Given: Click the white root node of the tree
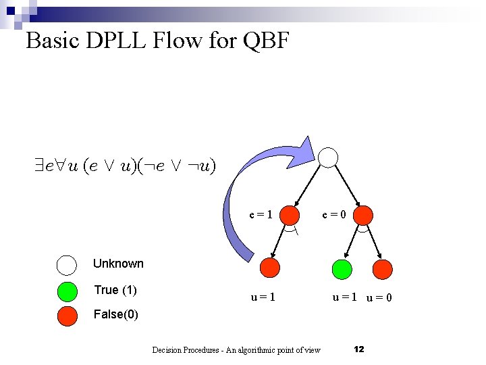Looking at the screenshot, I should coord(328,157).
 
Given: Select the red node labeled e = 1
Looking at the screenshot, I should coord(290,216).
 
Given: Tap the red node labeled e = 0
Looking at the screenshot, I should coord(363,216).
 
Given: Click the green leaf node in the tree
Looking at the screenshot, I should coord(343,268).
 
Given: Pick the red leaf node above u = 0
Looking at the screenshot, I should coord(383,268).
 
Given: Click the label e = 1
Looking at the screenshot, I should coord(261,216).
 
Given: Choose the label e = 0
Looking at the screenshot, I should coord(333,216).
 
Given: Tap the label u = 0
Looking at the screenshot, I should coord(379,297).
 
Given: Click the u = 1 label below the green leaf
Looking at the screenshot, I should coord(344,297).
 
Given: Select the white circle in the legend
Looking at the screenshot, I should coord(67,264).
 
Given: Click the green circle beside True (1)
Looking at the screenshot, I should coord(67,291).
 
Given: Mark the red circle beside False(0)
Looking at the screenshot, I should coord(67,315).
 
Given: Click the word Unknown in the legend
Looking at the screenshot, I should coord(118,264).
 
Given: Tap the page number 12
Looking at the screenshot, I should coord(359,349).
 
